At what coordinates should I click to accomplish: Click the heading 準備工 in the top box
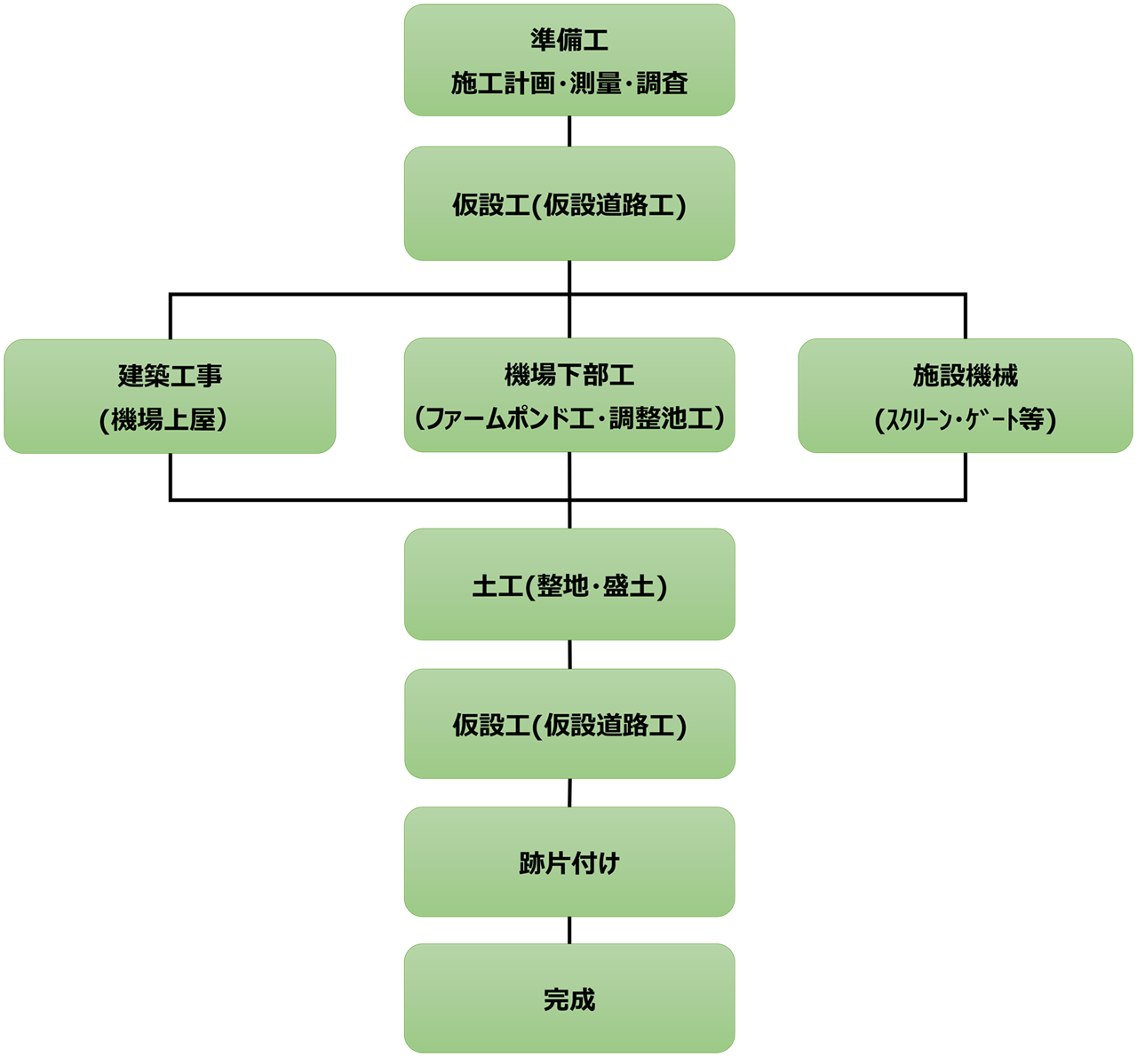569,40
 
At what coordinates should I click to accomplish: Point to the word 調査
663,83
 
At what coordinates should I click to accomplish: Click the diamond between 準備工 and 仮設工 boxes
569,132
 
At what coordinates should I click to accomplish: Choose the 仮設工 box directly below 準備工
569,205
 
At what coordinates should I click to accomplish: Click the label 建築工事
170,376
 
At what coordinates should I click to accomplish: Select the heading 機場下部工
569,376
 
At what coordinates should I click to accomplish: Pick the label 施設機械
966,376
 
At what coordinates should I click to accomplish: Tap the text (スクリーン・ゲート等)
966,419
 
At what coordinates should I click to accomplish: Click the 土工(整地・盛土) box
569,585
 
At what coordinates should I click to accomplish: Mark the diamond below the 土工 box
569,656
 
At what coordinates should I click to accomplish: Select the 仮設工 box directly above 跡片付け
569,725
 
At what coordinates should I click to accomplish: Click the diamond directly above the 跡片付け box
569,793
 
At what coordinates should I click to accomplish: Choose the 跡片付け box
569,862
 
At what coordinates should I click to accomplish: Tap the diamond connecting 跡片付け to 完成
569,931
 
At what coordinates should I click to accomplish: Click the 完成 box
569,999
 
